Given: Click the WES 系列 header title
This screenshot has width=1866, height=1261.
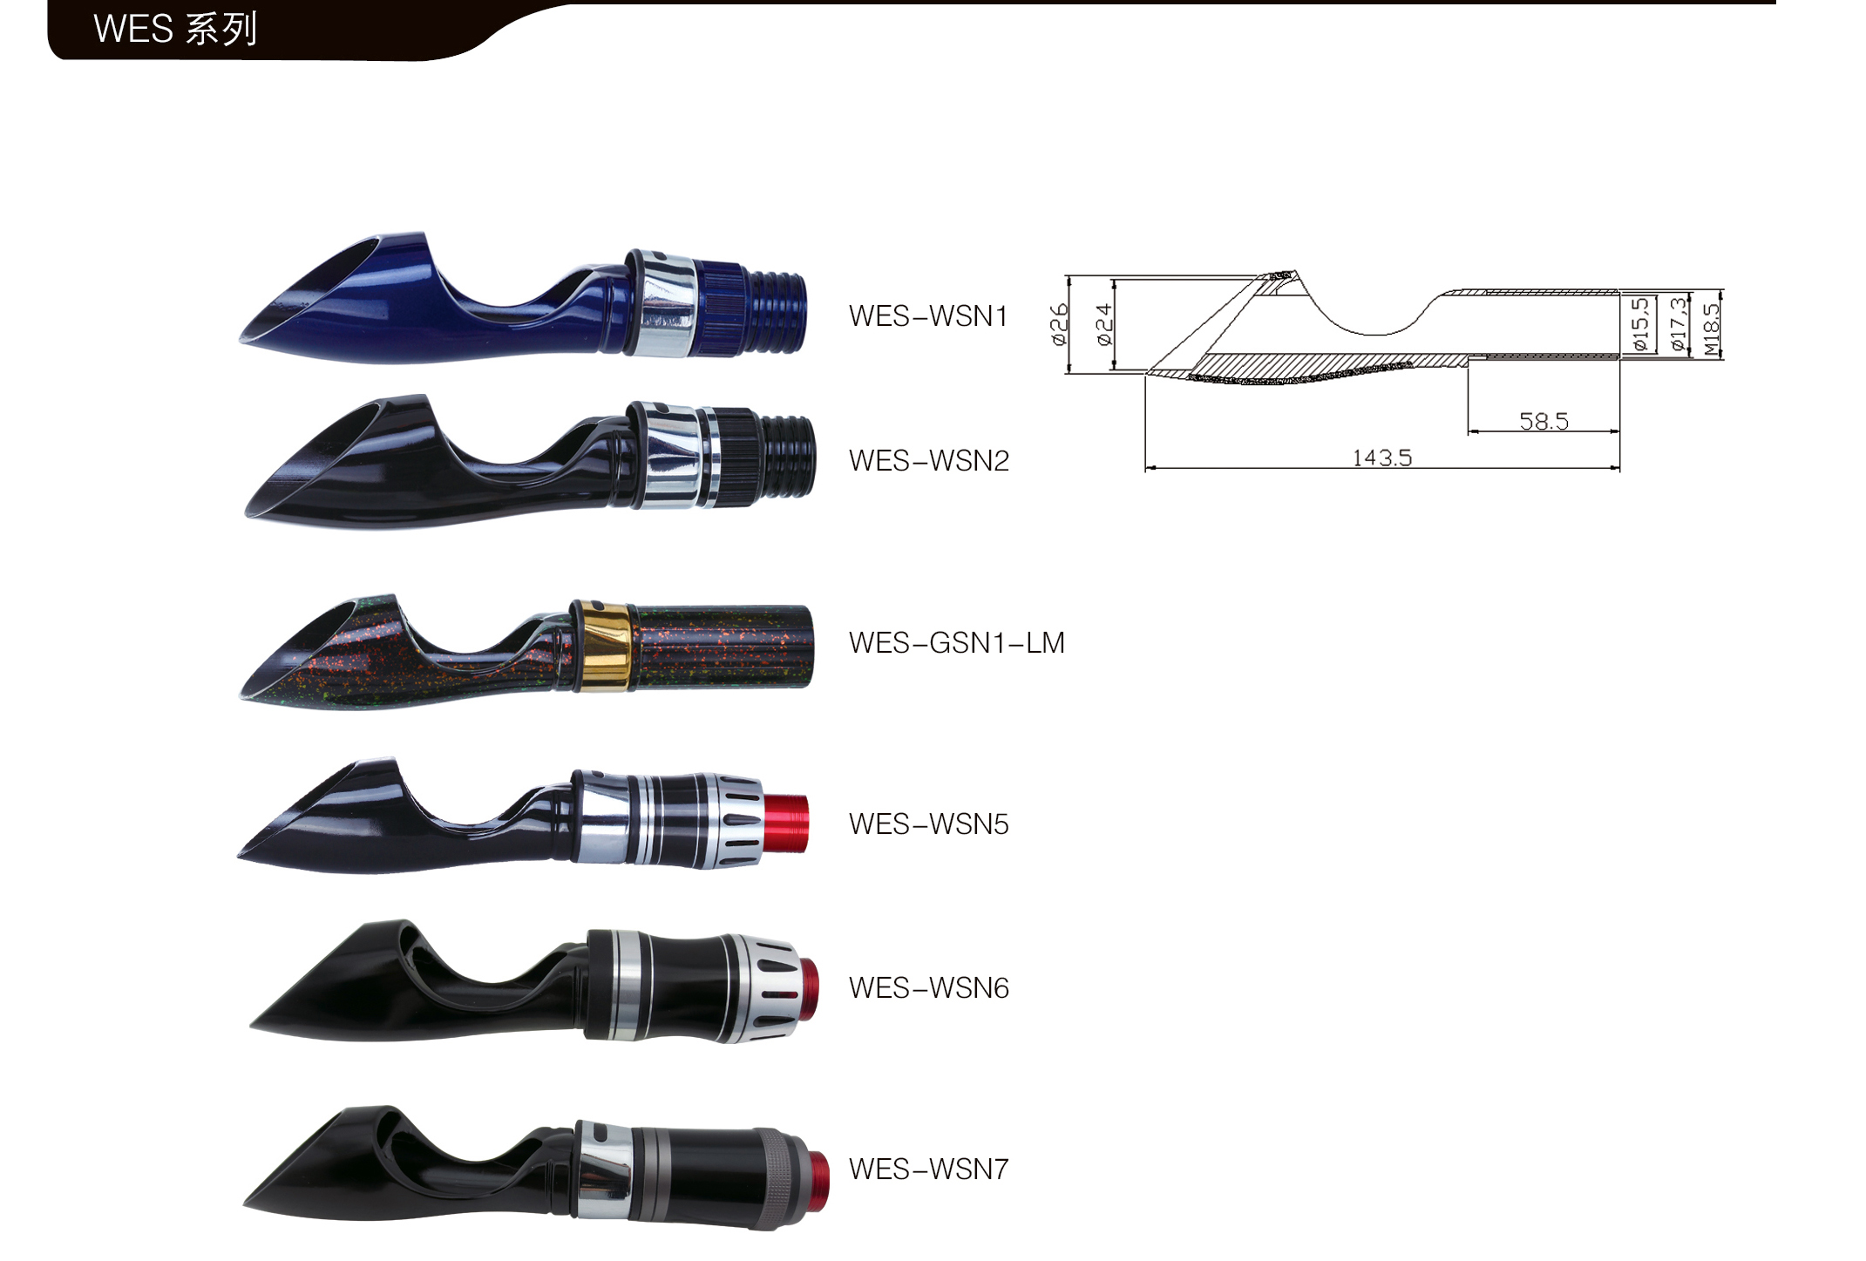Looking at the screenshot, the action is pos(175,30).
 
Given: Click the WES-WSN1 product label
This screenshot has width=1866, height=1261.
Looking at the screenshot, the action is pos(928,316).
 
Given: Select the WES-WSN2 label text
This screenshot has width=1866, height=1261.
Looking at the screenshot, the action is pos(929,461).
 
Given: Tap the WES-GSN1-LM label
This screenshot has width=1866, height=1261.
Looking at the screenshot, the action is pos(957,643).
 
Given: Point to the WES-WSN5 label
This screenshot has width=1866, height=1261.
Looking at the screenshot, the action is pos(929,824).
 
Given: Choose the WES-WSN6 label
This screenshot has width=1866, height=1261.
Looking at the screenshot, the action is pos(929,988).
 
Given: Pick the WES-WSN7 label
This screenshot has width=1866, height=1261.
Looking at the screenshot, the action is pos(929,1169).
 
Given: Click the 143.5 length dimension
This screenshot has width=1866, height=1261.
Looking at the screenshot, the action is pos(1382,458).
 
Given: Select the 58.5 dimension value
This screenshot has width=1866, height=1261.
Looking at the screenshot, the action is pos(1544,422).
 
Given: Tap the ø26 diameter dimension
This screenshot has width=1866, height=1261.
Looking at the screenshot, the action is pos(1059,324).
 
